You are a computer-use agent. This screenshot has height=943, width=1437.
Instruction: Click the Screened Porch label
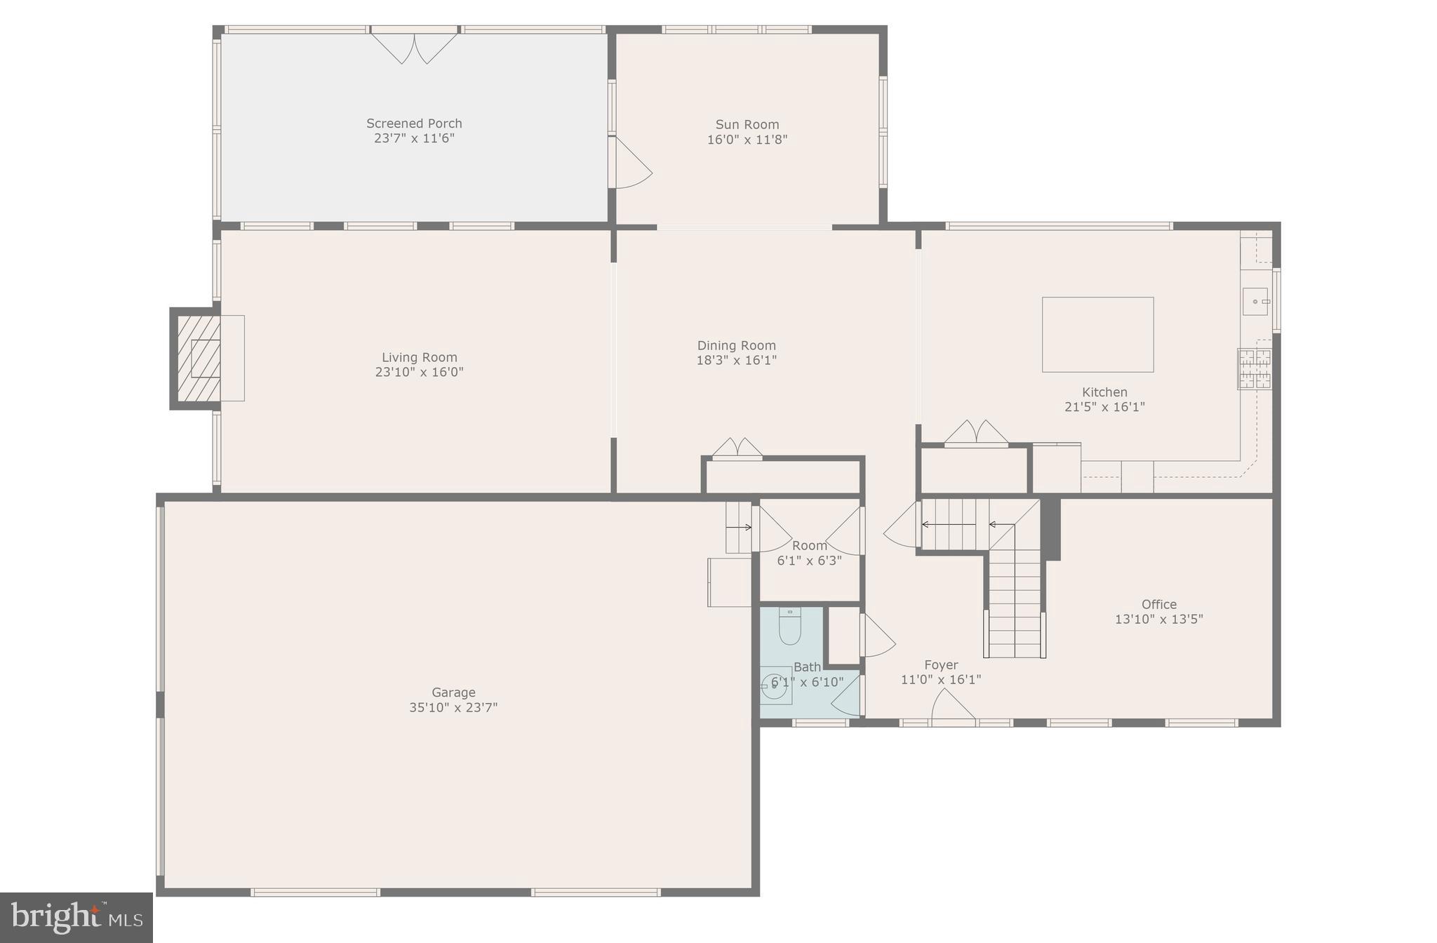tap(414, 123)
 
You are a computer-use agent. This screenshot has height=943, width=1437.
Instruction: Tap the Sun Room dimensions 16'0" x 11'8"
tap(747, 140)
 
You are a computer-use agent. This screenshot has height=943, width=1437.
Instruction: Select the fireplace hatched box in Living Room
tap(199, 358)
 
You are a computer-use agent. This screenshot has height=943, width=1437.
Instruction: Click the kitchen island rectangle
tap(1097, 335)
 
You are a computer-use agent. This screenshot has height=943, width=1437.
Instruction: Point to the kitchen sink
tap(1255, 302)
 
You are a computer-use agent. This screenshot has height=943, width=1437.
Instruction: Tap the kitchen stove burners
tap(1254, 369)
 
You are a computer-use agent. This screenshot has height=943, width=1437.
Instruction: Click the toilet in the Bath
tap(790, 627)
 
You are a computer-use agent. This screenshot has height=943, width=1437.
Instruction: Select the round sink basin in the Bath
tap(775, 687)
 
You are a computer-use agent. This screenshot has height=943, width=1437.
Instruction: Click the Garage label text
tap(453, 693)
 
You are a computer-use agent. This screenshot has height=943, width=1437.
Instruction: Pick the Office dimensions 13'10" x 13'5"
tap(1158, 620)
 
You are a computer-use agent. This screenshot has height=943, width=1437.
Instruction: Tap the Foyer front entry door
tap(952, 705)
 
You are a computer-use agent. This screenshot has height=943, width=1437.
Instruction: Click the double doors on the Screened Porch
tap(414, 48)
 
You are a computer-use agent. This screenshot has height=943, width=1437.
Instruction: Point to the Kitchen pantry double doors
tap(976, 432)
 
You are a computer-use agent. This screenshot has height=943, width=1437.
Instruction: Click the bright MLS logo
tap(76, 917)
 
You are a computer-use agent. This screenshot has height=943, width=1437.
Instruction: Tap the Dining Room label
tap(736, 345)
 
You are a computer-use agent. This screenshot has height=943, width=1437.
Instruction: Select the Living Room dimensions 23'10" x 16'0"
tap(419, 373)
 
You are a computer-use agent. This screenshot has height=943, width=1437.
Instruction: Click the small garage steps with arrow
tap(738, 527)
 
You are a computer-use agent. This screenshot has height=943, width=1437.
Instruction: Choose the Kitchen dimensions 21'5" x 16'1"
tap(1104, 407)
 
